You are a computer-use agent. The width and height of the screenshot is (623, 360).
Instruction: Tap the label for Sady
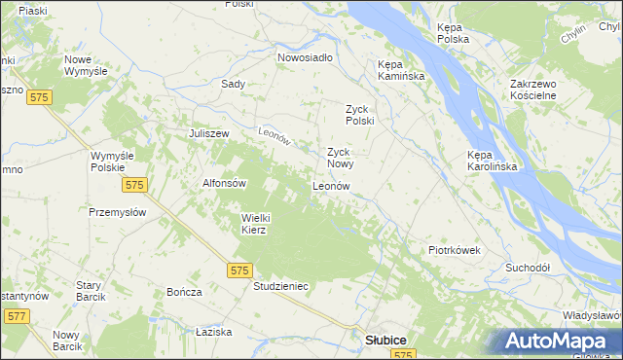tap(233, 84)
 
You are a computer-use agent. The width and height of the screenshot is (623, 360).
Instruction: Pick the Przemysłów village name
tap(117, 212)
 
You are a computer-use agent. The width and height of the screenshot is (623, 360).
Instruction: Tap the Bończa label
tap(184, 292)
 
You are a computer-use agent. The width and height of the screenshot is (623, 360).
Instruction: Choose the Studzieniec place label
tap(280, 287)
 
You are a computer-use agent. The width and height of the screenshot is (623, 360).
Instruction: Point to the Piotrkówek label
tap(455, 250)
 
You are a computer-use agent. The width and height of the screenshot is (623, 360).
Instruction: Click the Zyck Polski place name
tap(360, 115)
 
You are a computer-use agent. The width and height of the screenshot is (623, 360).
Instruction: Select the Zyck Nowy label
tap(338, 158)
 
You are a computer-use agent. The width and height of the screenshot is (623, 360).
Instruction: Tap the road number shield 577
tap(17, 316)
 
